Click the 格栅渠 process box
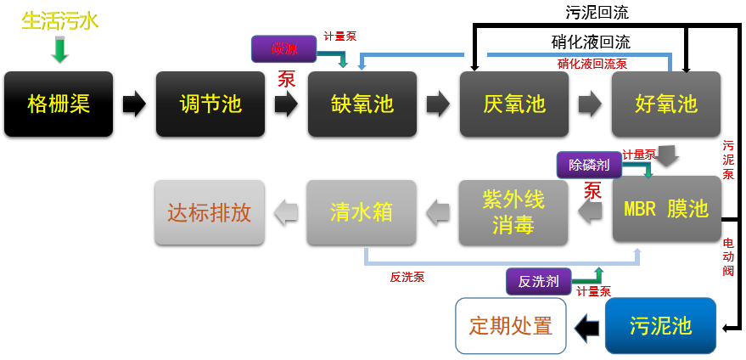point(59,104)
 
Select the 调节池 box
point(210,104)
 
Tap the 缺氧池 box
point(362,104)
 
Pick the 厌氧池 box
point(514,104)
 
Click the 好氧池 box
point(666,104)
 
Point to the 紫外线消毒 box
point(513,211)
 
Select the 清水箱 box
point(362,211)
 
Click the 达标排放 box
point(209,211)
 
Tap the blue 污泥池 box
point(660,326)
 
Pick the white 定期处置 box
point(511,326)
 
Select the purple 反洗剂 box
point(538,281)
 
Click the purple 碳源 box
point(283,48)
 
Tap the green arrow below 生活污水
point(59,49)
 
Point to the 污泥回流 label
point(597,13)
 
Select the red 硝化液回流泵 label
point(592,63)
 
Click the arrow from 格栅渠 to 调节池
point(134,104)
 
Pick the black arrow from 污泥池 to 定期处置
point(586,327)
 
